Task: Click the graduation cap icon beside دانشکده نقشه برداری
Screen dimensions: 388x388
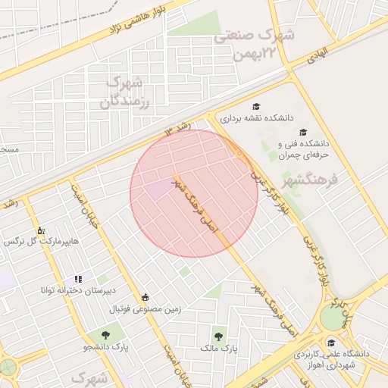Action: point(256,106)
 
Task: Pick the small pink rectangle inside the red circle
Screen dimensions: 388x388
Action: point(160,189)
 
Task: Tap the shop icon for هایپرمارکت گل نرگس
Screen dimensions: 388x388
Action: point(40,230)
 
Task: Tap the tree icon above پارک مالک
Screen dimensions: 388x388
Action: point(219,335)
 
